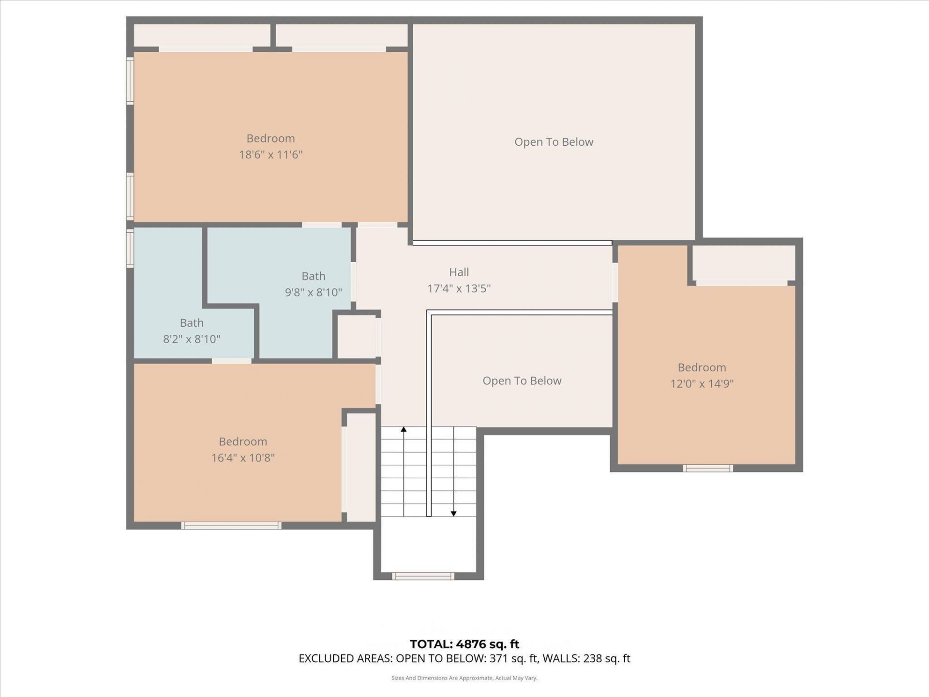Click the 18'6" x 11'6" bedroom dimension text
(270, 154)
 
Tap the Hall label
(459, 272)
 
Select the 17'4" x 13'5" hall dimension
(459, 288)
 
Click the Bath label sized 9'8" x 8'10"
(313, 276)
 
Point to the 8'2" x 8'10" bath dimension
(192, 339)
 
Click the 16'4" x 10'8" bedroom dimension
(243, 457)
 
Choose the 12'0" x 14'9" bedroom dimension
(702, 383)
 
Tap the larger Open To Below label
(554, 142)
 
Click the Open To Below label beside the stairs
(522, 381)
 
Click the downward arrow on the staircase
(453, 513)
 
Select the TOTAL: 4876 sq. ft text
(464, 644)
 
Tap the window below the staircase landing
(423, 576)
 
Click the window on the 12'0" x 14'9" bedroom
(707, 468)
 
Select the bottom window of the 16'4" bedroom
(231, 526)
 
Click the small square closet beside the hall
(357, 336)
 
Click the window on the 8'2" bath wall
(130, 248)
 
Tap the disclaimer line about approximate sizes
(464, 678)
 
